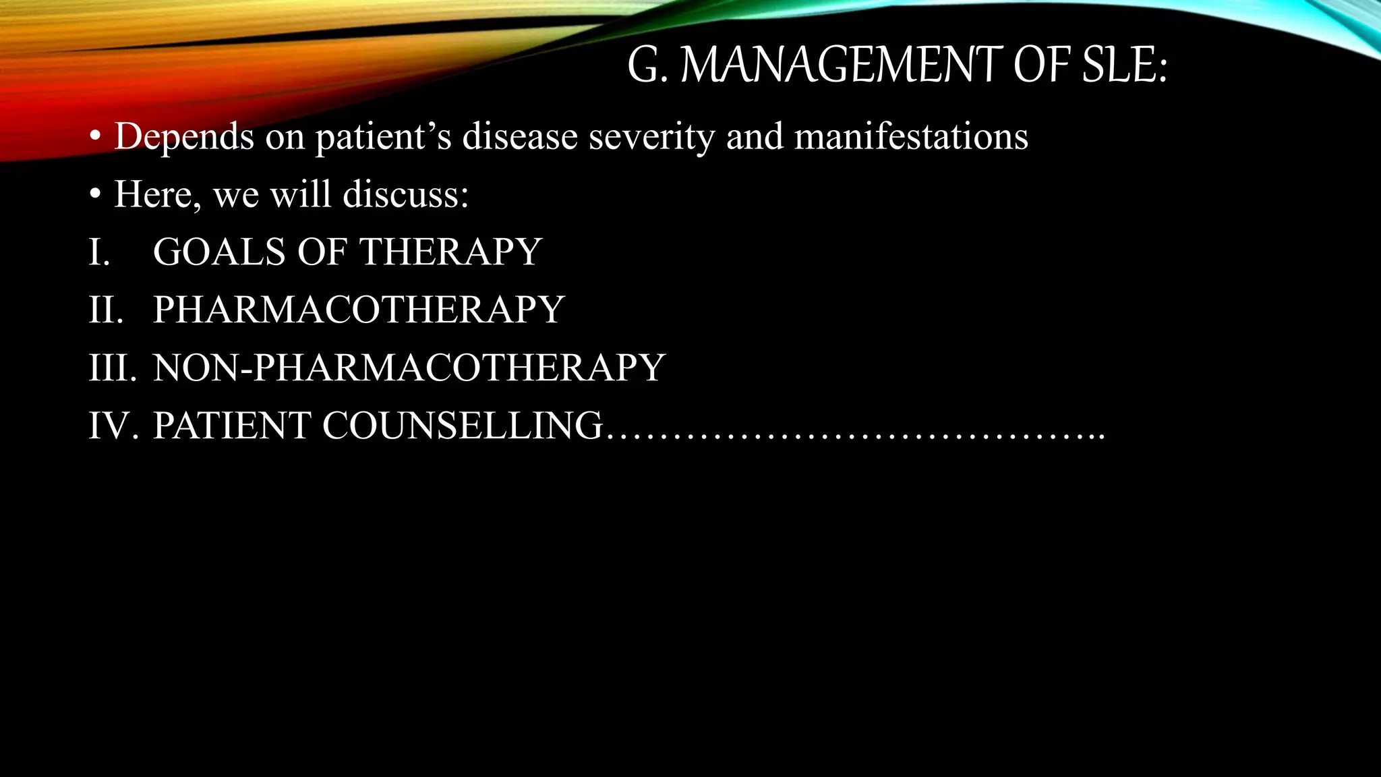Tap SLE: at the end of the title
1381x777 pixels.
(1124, 65)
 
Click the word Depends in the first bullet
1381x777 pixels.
(184, 137)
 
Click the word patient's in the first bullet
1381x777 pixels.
(383, 137)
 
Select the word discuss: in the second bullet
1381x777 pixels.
(405, 194)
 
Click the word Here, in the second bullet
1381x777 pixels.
(157, 196)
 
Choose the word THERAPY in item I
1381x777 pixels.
(450, 252)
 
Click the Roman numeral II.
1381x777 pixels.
(106, 310)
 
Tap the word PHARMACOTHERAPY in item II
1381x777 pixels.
(359, 310)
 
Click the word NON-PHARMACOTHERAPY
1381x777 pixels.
(409, 368)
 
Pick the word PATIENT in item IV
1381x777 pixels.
(232, 426)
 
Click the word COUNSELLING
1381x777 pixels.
(463, 426)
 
